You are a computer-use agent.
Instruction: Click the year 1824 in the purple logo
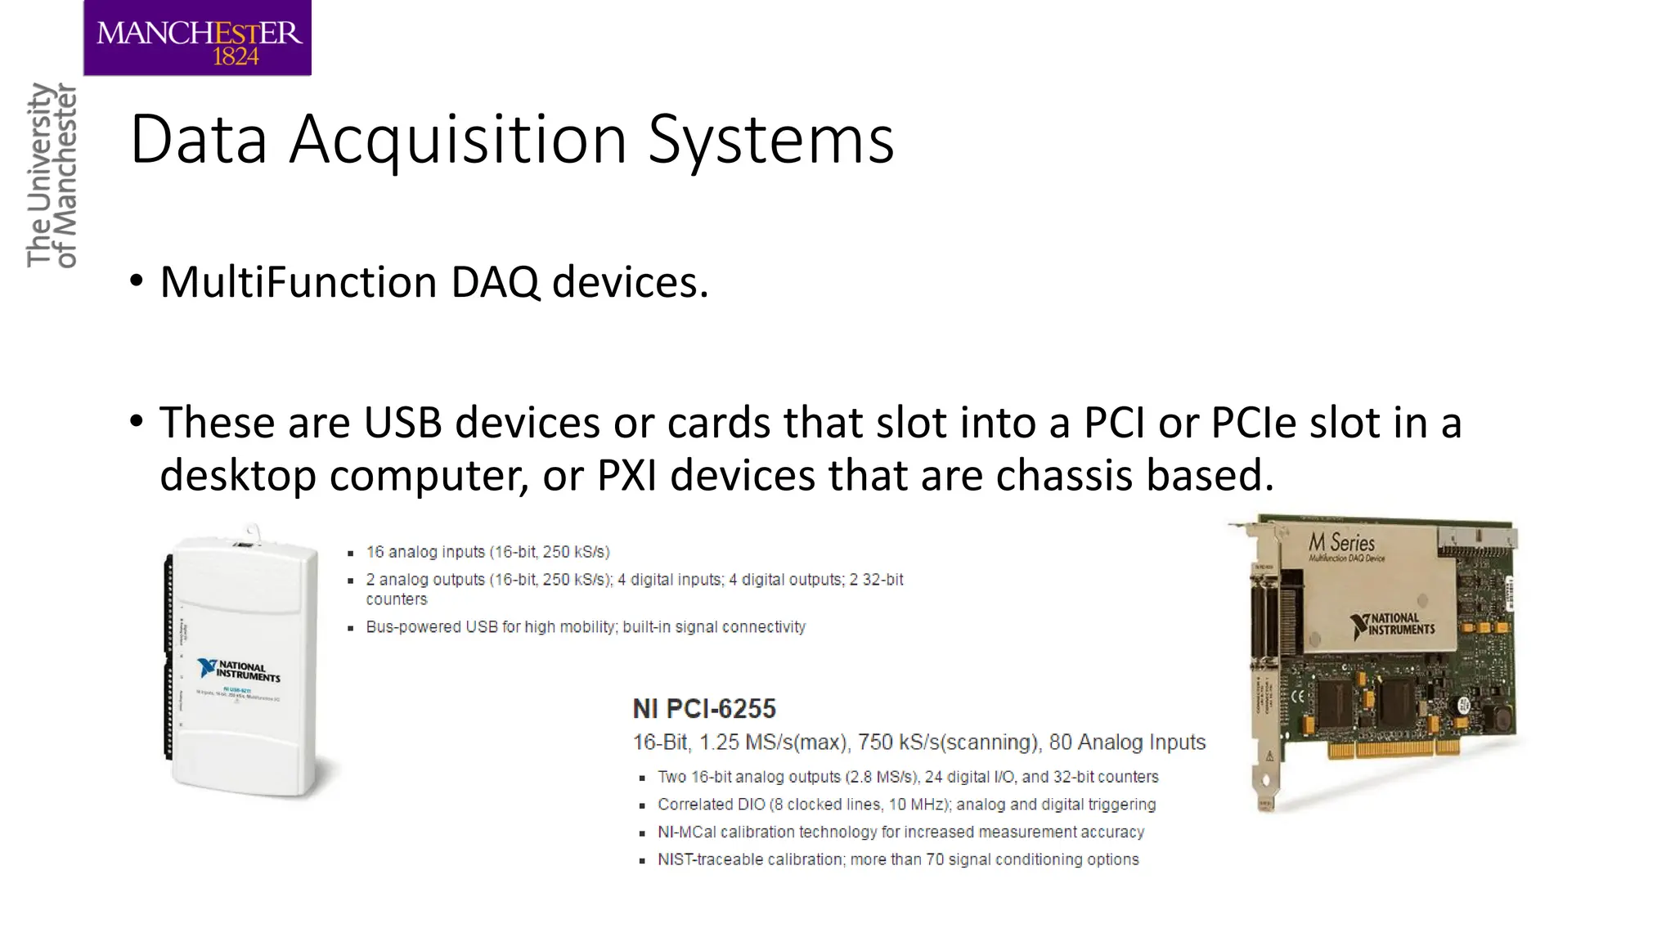click(x=236, y=56)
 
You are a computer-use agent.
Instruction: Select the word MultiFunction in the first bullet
click(x=299, y=282)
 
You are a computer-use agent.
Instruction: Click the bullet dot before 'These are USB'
click(x=137, y=422)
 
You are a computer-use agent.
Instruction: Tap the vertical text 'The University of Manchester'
click(x=51, y=175)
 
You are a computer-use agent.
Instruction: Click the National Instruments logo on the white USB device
click(x=239, y=671)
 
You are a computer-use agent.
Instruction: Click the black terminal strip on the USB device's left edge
click(x=169, y=654)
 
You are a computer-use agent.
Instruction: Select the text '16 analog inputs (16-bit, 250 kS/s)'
click(x=487, y=552)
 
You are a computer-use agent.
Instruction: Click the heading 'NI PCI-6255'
click(x=704, y=708)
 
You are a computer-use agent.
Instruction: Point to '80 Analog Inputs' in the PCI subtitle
click(x=1127, y=742)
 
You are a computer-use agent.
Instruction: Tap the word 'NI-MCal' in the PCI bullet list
click(x=686, y=832)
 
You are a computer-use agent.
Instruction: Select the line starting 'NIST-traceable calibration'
click(x=897, y=859)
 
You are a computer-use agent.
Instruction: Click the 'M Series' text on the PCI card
click(x=1341, y=542)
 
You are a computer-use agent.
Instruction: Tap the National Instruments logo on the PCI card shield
click(x=1393, y=625)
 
